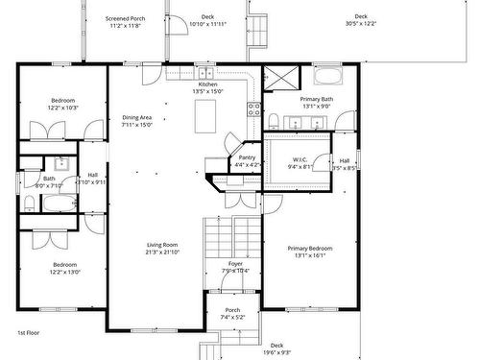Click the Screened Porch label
click(x=125, y=20)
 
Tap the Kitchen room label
click(x=208, y=88)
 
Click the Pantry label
click(x=247, y=160)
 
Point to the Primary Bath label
click(x=316, y=103)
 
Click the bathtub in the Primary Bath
click(x=326, y=76)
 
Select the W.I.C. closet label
click(x=300, y=162)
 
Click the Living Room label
click(x=162, y=248)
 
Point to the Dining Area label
click(x=137, y=121)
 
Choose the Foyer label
click(x=235, y=267)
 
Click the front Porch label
click(x=232, y=313)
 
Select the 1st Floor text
click(x=29, y=332)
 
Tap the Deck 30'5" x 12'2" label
click(x=360, y=19)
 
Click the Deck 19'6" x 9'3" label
click(x=276, y=348)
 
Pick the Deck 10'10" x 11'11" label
click(x=207, y=19)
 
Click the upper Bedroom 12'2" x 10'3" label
click(x=63, y=104)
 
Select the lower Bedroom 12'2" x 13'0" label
click(x=64, y=268)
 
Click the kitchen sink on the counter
click(x=204, y=73)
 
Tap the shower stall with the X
click(x=279, y=77)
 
